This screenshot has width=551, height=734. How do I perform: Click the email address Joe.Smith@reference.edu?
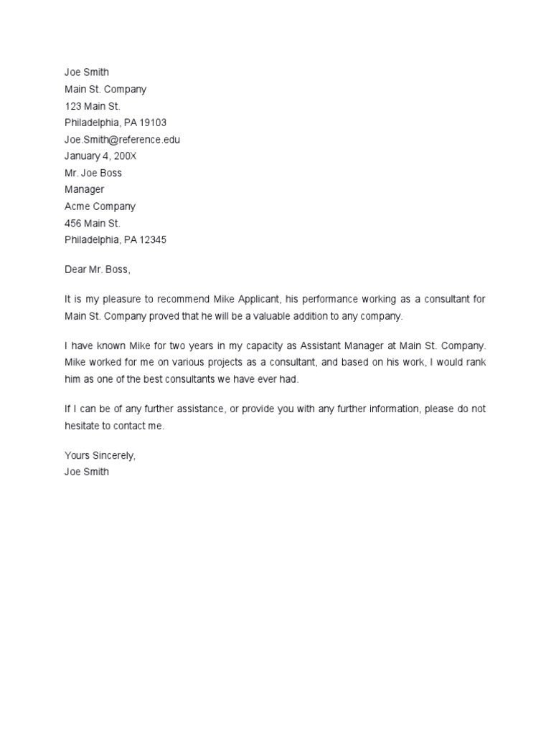(122, 140)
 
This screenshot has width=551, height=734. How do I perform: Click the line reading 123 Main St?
(92, 106)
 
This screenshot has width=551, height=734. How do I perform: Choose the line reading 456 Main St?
(92, 223)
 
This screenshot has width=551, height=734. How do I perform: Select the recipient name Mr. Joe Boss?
(93, 173)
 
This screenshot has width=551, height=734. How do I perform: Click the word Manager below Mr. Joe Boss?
(84, 189)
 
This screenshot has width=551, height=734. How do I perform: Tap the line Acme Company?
(100, 206)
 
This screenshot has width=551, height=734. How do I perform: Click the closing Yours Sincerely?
(100, 456)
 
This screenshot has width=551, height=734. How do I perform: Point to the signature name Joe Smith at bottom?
(87, 472)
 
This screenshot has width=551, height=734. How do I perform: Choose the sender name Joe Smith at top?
(87, 72)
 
